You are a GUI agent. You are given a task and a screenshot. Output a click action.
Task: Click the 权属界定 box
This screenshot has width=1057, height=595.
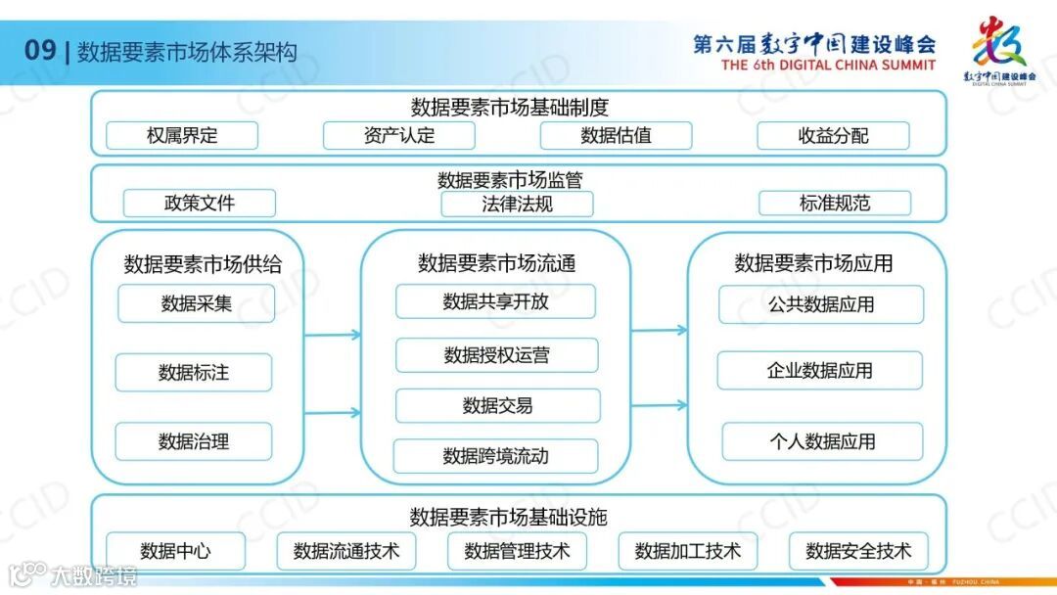(x=182, y=136)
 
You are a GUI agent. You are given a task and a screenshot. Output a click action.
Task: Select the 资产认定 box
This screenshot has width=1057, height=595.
(x=398, y=136)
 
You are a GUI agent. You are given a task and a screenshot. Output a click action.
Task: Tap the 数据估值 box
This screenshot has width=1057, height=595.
(x=616, y=136)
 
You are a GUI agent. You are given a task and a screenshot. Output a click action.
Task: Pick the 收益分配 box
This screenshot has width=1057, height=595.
(x=833, y=136)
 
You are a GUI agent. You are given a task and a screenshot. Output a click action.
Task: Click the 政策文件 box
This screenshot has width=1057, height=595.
(x=200, y=204)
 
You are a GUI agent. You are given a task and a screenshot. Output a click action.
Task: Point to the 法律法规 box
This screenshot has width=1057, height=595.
(x=517, y=204)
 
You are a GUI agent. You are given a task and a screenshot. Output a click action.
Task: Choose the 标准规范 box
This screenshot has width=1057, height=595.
(x=834, y=204)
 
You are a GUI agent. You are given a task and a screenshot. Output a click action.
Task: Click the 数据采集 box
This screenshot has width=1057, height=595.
(x=196, y=303)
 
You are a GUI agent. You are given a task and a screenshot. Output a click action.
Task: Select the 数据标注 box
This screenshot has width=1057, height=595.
(x=194, y=373)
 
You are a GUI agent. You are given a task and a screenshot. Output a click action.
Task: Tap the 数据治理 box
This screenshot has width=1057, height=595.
(x=194, y=441)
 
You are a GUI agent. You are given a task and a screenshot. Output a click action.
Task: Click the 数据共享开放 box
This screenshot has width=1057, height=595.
(x=495, y=301)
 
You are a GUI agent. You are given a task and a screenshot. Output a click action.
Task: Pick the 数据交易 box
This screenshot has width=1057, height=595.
(x=497, y=405)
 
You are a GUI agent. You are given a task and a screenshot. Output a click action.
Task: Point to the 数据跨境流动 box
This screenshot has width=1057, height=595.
(x=495, y=456)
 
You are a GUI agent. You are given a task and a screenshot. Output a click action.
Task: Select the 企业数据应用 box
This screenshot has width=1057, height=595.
(x=820, y=371)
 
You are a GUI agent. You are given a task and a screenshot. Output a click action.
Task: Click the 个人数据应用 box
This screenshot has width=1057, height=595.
(x=822, y=441)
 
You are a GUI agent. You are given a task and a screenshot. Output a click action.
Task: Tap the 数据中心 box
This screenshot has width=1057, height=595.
(x=175, y=551)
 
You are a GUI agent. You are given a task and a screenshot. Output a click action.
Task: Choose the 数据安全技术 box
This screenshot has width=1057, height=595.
(x=857, y=551)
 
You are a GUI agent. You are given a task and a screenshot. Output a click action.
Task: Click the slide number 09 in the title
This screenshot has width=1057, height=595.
(x=40, y=51)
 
